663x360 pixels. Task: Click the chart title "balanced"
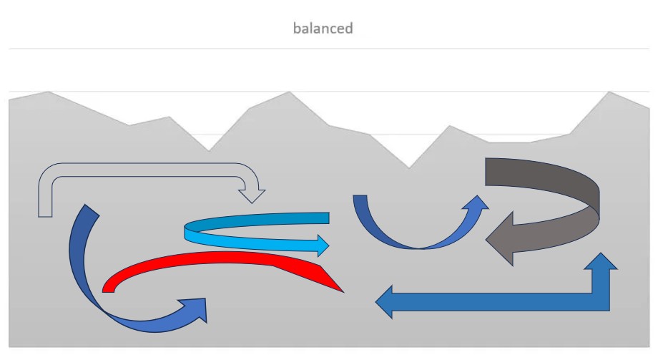(323, 29)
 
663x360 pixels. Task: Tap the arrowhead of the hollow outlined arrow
(252, 193)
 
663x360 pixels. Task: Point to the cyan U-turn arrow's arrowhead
(321, 245)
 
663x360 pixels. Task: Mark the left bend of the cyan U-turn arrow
(190, 232)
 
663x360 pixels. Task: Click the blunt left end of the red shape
(109, 286)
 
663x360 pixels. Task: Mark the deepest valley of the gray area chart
(409, 167)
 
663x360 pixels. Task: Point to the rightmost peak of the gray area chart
(609, 92)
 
